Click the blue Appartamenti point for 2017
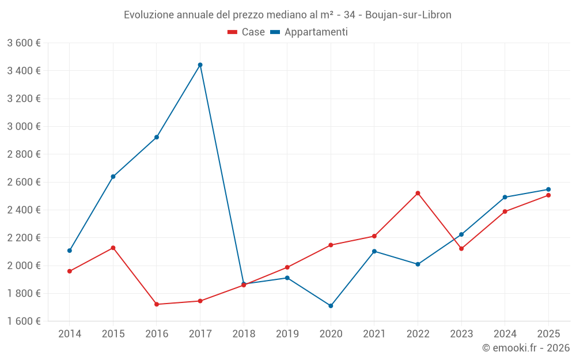point(200,65)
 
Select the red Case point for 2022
point(418,193)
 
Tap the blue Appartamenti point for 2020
point(331,306)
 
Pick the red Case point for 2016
point(157,304)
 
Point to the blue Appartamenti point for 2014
point(70,251)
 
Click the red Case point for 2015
point(113,248)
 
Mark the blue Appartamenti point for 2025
point(548,190)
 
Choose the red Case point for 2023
point(461,249)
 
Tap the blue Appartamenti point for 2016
point(157,137)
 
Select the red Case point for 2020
point(331,245)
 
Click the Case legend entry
point(247,32)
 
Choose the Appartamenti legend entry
point(309,32)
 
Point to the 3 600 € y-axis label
point(24,43)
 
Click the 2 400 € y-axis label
point(24,210)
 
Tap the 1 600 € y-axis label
point(24,321)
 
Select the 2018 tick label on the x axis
point(244,334)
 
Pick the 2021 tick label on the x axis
point(374,334)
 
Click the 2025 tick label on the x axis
point(548,334)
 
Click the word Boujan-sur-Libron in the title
point(415,15)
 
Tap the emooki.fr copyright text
point(526,348)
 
